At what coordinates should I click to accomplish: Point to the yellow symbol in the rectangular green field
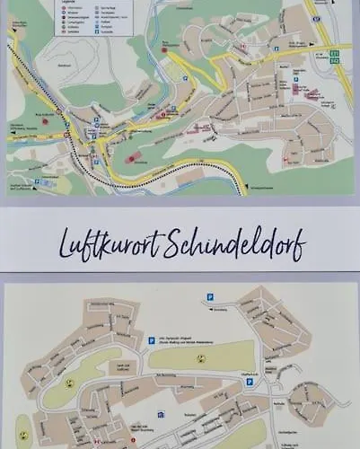pyautogui.click(x=200, y=356)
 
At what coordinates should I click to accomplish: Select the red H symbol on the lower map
pyautogui.click(x=92, y=442)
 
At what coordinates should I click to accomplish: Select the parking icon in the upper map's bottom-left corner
pyautogui.click(x=37, y=182)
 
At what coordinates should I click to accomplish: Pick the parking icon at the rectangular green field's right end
pyautogui.click(x=250, y=381)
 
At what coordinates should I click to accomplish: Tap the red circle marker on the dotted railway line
pyautogui.click(x=67, y=135)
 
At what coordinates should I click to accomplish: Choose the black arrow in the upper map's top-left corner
pyautogui.click(x=11, y=32)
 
